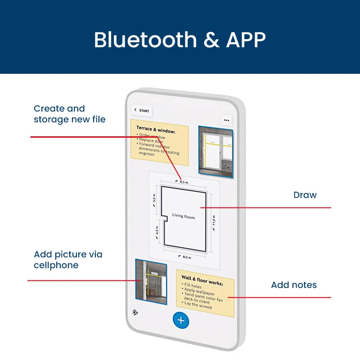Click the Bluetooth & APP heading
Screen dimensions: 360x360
coord(180,40)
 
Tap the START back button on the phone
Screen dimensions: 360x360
coord(142,110)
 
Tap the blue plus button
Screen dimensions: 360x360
coord(181,320)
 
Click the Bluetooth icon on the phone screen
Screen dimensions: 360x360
coord(135,312)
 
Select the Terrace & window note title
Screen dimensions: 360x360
coord(156,130)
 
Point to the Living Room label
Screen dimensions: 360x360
coord(184,216)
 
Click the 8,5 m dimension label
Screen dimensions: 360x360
coord(182,182)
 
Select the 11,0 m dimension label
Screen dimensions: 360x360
coord(214,221)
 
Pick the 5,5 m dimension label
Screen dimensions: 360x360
coord(154,198)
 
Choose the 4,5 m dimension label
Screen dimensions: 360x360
coord(157,230)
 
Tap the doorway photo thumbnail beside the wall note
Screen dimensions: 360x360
coord(151,282)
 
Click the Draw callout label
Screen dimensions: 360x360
coord(305,195)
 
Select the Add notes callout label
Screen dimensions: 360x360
coord(294,285)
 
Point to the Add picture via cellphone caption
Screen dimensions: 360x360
coord(68,260)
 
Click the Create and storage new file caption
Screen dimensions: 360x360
coord(70,114)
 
